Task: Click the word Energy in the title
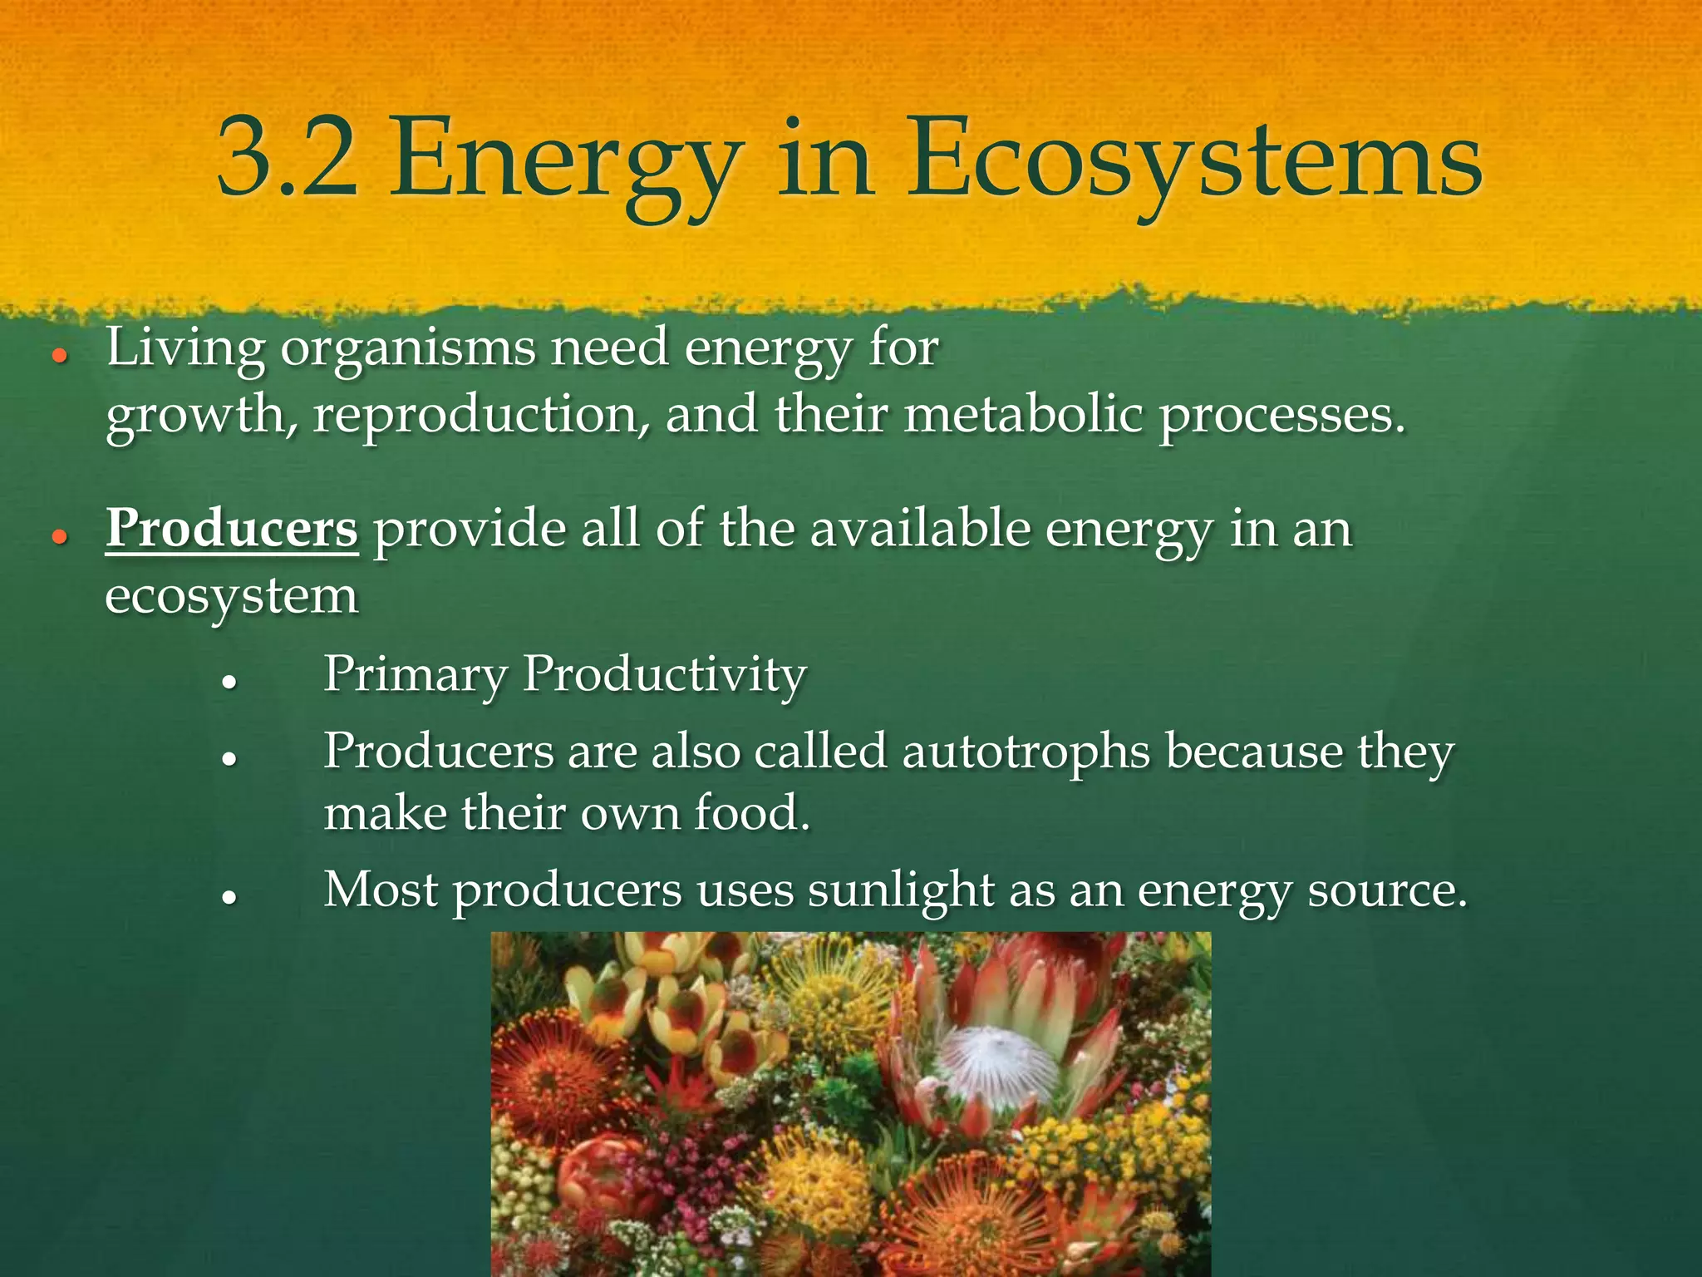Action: (565, 162)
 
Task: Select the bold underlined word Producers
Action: (232, 529)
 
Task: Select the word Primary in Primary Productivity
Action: (414, 675)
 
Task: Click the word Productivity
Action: (664, 675)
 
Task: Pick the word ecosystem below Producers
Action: (232, 597)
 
